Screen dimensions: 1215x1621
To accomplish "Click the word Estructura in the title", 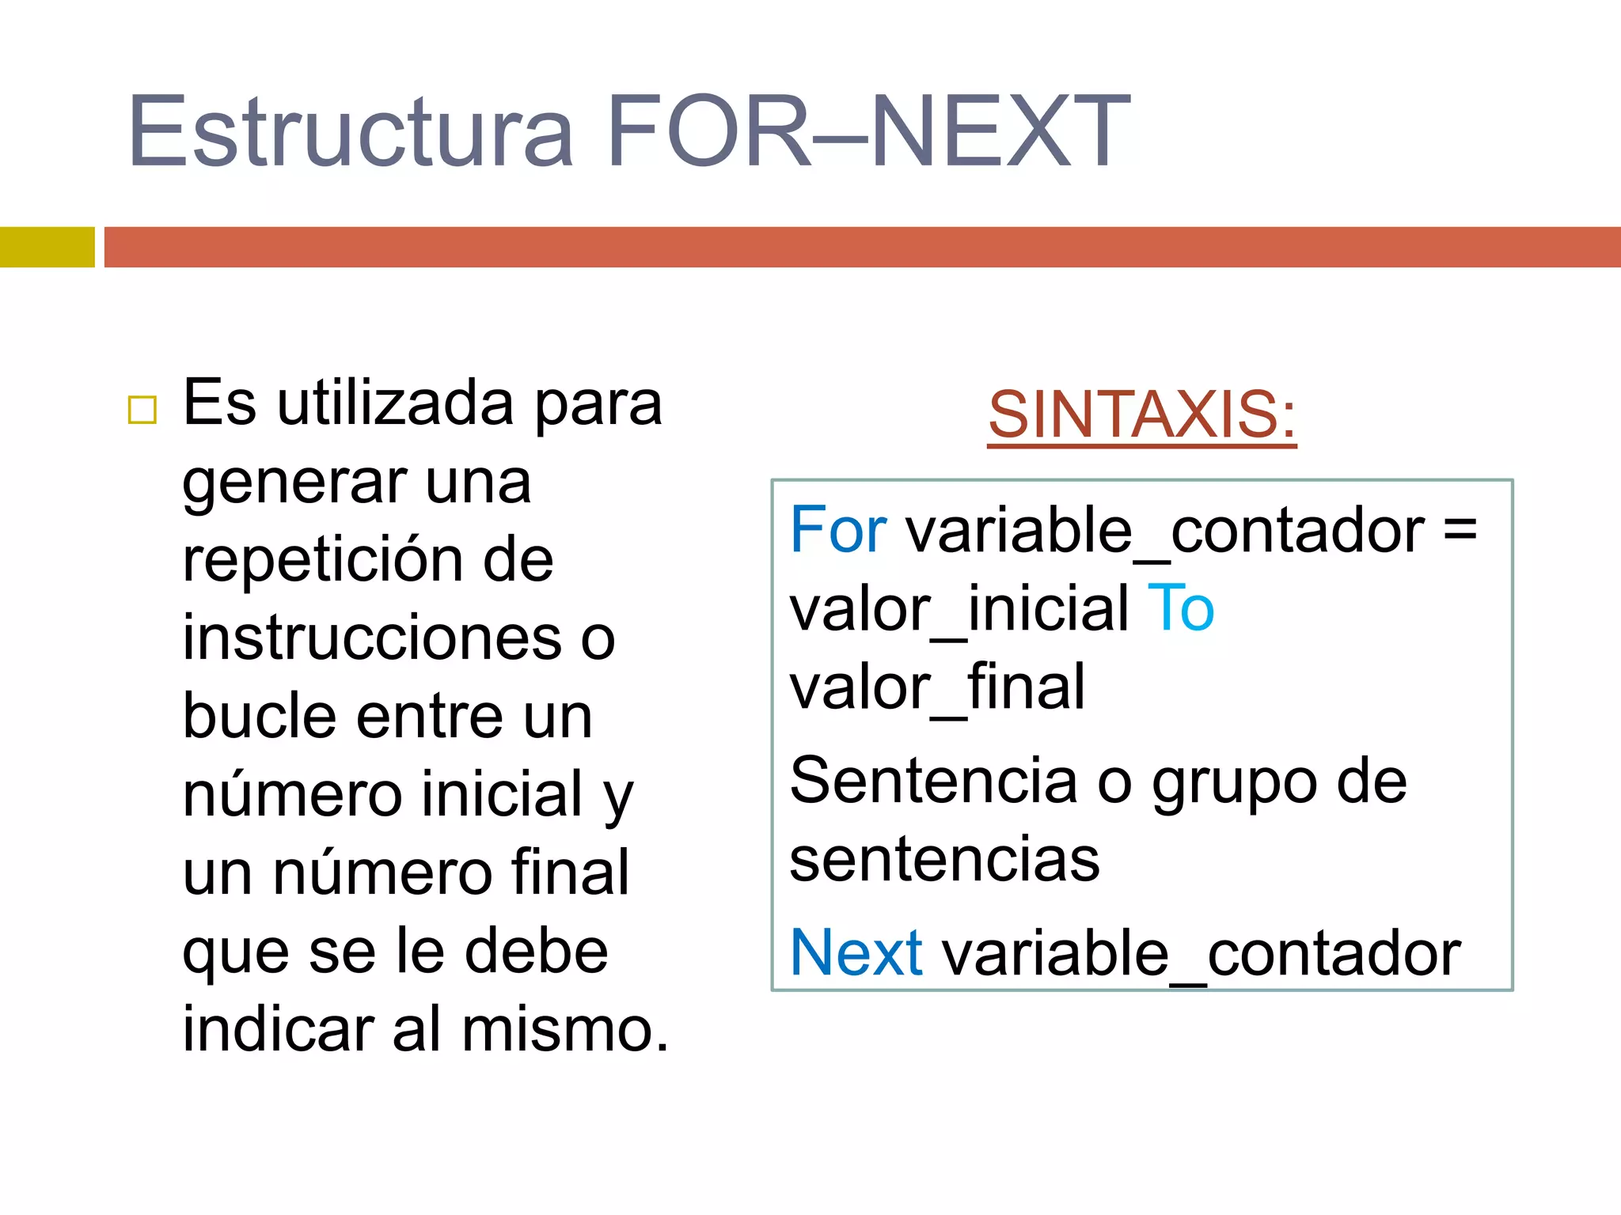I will point(350,131).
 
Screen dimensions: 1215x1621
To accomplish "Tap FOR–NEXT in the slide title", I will point(868,131).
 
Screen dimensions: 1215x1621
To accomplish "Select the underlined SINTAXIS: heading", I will point(1141,414).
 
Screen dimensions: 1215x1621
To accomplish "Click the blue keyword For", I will point(838,530).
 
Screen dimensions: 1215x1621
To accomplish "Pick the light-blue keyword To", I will point(1180,608).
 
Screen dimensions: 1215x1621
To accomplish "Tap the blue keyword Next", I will point(856,952).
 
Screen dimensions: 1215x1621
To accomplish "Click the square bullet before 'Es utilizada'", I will point(142,410).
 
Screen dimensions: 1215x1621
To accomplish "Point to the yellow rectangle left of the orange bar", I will point(47,247).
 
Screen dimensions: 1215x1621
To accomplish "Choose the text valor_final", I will point(937,687).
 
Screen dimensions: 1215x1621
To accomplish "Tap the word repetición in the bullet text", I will point(323,560).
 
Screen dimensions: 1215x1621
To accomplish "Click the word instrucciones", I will point(372,638).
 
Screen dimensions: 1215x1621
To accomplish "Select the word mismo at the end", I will point(565,1029).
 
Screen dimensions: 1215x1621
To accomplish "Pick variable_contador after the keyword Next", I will point(1200,953).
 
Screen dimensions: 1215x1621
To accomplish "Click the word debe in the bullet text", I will point(536,951).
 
